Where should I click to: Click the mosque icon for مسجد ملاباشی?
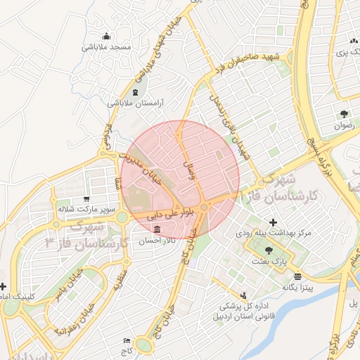106,36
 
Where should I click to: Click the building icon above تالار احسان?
155,230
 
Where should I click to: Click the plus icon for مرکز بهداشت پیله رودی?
273,223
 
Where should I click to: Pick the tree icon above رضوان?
344,114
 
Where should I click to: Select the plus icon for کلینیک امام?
4,286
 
